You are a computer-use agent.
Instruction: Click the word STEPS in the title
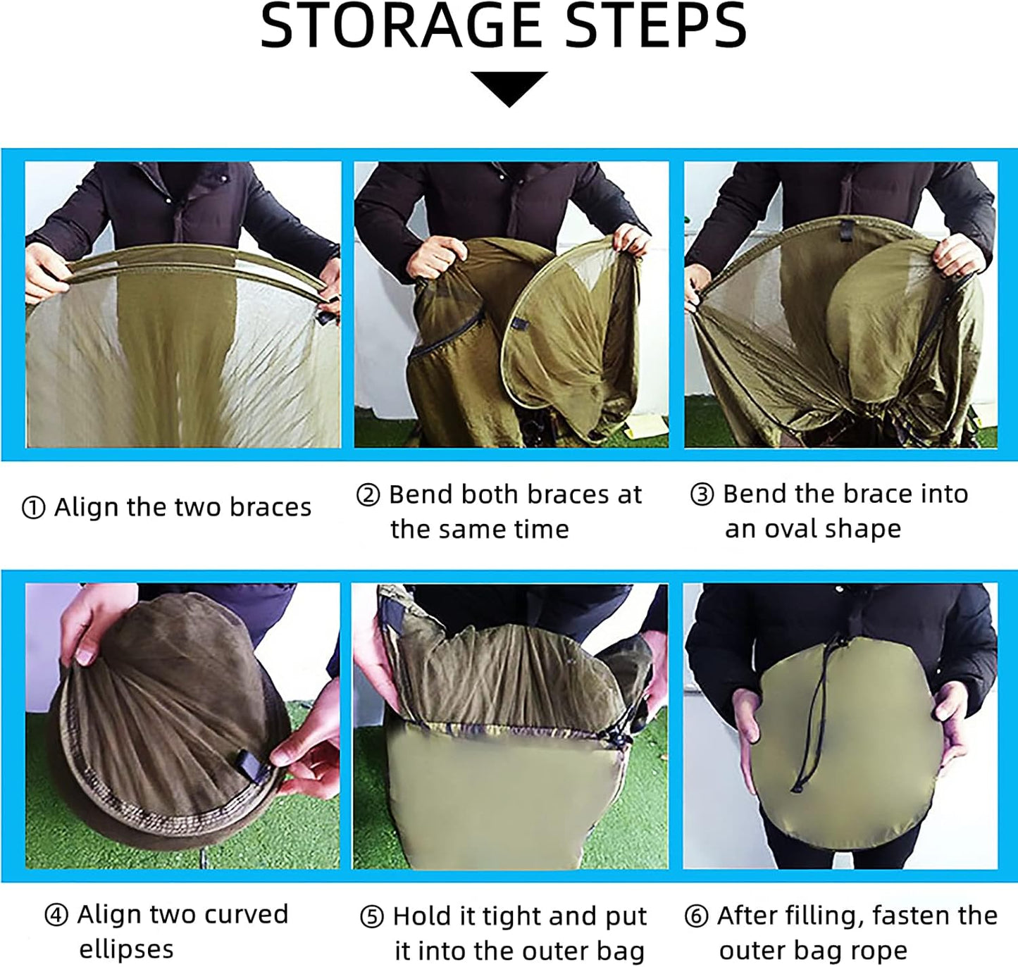pos(655,26)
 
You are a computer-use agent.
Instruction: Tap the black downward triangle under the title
pos(509,89)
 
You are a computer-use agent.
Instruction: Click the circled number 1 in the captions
pos(34,508)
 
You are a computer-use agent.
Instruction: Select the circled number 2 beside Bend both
pos(368,495)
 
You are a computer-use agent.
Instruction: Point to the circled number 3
pos(702,495)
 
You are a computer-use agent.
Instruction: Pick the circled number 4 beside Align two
pos(56,915)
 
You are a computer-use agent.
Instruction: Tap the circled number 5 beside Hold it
pos(372,917)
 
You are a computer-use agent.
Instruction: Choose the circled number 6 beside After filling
pos(697,916)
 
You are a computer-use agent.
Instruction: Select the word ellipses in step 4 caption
pos(126,949)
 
